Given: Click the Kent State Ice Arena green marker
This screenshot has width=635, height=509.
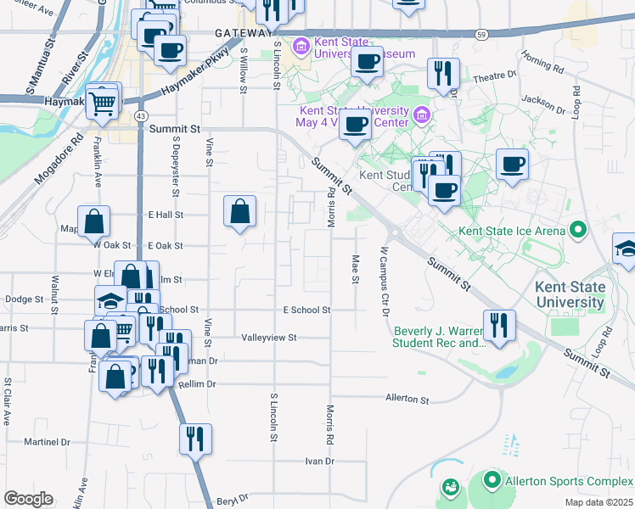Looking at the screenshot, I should [x=578, y=229].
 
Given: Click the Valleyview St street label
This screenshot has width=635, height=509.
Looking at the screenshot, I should [x=269, y=337].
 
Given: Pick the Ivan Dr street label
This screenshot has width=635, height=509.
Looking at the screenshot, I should [x=320, y=461].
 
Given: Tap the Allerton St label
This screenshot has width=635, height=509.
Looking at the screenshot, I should [x=407, y=398].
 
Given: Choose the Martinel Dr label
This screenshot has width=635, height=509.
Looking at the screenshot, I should [x=47, y=442].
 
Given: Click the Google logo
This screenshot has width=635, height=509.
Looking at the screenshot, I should [x=28, y=499].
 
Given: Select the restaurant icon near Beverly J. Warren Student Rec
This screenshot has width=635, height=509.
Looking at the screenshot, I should [x=498, y=326].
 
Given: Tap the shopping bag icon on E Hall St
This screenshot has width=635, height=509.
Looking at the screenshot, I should [x=240, y=210].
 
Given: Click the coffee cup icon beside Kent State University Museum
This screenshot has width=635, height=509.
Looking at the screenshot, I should [x=367, y=62].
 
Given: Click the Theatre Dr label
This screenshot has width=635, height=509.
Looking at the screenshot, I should [x=493, y=76].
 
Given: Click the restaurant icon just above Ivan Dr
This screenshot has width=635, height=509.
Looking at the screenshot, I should [x=195, y=439].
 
